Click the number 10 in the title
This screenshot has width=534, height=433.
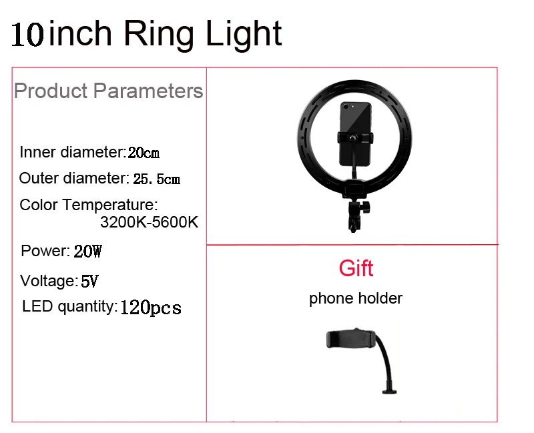pyautogui.click(x=28, y=34)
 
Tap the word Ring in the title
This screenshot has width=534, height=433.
pyautogui.click(x=159, y=34)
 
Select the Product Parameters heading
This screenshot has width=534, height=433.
pyautogui.click(x=108, y=91)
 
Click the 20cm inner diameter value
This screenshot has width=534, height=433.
pyautogui.click(x=144, y=153)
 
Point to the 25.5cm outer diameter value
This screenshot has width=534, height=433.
pyautogui.click(x=156, y=179)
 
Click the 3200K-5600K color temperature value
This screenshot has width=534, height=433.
pyautogui.click(x=149, y=222)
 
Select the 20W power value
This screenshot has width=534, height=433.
pyautogui.click(x=87, y=252)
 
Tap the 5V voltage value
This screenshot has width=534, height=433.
pyautogui.click(x=89, y=281)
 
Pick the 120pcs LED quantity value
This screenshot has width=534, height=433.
pyautogui.click(x=151, y=308)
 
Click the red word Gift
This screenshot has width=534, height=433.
pyautogui.click(x=356, y=268)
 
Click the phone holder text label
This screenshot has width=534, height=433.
pyautogui.click(x=356, y=299)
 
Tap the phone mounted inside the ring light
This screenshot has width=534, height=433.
pyautogui.click(x=355, y=134)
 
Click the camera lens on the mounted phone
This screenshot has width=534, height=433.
pyautogui.click(x=346, y=107)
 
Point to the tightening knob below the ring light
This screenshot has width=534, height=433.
pyautogui.click(x=366, y=207)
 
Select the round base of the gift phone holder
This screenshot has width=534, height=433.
pyautogui.click(x=389, y=392)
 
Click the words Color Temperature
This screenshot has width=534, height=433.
pyautogui.click(x=89, y=205)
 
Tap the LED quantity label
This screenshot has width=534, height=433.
pyautogui.click(x=70, y=307)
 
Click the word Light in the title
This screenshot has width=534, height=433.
pyautogui.click(x=244, y=34)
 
